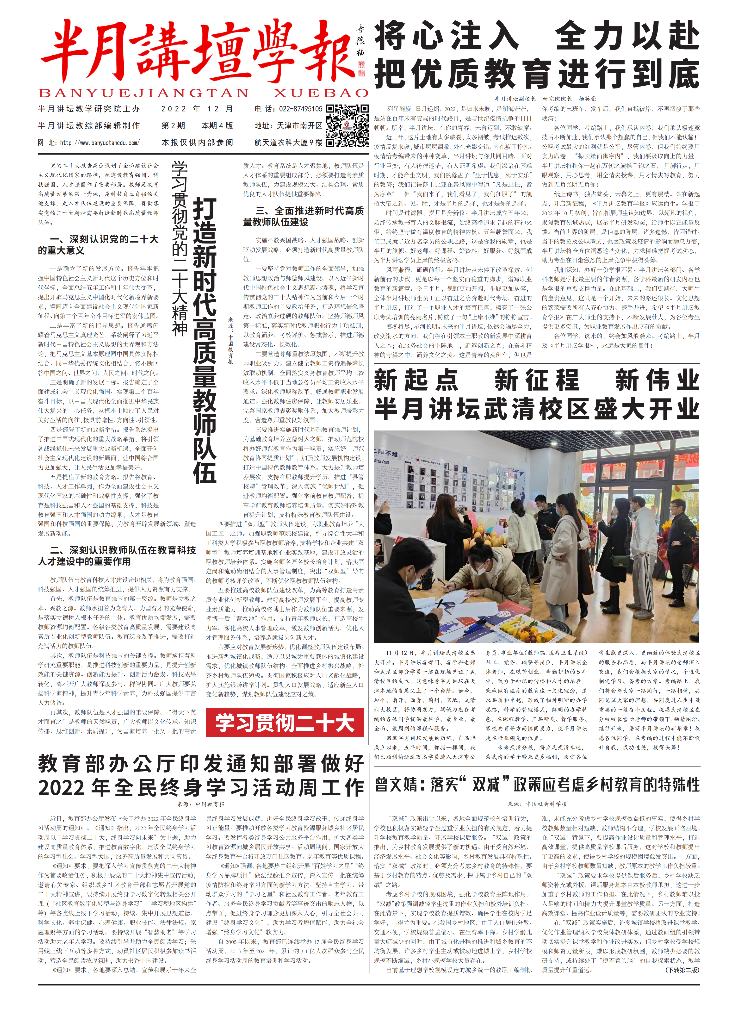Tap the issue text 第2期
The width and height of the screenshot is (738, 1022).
(173, 126)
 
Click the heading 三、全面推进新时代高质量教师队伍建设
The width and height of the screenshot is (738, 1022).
(303, 216)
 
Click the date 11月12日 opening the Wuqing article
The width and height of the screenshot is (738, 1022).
(399, 653)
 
